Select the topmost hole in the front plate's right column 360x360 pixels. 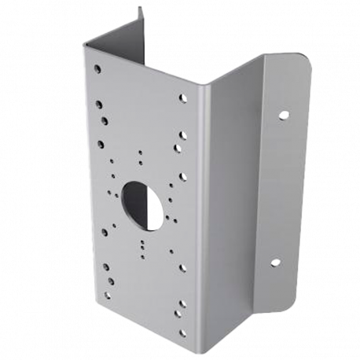coord(183,100)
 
